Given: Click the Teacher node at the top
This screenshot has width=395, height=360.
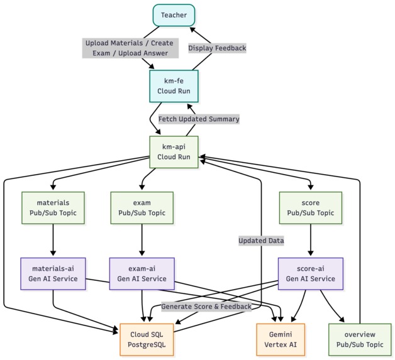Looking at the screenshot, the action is (174, 15).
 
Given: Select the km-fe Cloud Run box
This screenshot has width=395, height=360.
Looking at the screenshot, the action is (174, 86).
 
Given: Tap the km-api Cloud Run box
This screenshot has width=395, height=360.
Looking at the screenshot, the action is (174, 152).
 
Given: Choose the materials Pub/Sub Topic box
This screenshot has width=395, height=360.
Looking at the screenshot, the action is (53, 208).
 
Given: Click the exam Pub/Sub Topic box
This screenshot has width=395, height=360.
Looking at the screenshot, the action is (142, 208).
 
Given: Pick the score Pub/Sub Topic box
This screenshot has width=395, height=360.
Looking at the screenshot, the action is (311, 208).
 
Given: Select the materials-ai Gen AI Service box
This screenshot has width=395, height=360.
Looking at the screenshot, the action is (53, 274).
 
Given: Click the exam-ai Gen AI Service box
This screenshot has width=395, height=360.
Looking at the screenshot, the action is (142, 274).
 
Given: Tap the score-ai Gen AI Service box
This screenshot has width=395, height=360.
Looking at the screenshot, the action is (311, 274).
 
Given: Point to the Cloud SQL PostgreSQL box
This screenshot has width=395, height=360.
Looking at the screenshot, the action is (147, 340).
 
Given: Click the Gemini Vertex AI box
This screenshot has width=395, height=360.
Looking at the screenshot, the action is (281, 340).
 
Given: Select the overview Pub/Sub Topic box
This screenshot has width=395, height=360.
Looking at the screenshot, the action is (360, 340).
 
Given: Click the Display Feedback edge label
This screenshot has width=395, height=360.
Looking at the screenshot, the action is (217, 48).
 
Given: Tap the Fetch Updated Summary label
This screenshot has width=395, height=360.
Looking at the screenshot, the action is (199, 119).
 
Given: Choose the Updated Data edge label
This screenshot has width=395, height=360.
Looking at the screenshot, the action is (261, 241).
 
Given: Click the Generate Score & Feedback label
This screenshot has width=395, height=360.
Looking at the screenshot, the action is (206, 307).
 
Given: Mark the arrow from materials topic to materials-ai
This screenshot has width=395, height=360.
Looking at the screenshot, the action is (53, 240).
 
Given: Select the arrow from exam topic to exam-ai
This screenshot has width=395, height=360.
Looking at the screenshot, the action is (142, 240).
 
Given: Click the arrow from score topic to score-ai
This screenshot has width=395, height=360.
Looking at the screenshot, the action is (311, 240).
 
